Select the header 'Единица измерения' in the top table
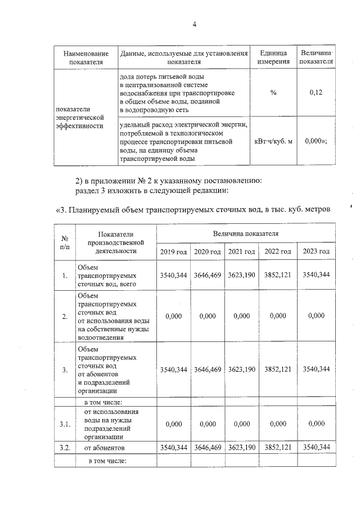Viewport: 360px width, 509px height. [273, 57]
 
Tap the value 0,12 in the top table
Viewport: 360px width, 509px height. [316, 92]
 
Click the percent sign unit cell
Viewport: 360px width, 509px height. [273, 92]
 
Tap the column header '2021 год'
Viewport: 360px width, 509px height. [241, 251]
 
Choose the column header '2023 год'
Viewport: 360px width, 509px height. [316, 251]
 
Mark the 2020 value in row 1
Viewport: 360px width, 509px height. [208, 275]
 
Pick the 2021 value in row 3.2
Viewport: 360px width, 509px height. [241, 448]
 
